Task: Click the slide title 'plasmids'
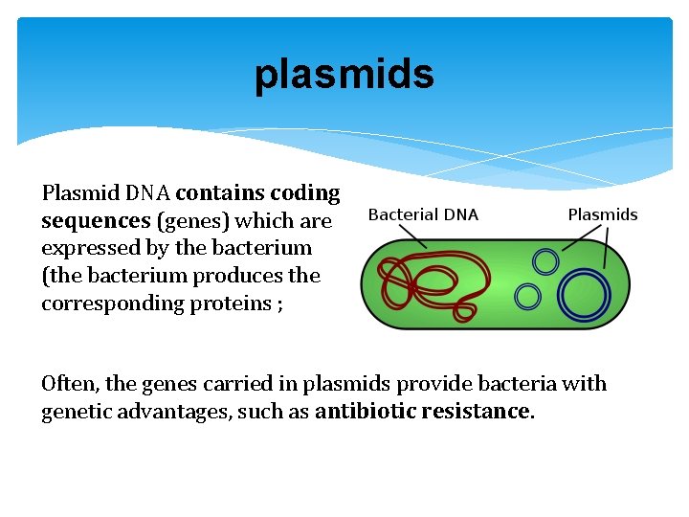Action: [344, 75]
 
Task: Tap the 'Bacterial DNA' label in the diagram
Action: [423, 214]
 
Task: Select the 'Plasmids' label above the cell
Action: [602, 214]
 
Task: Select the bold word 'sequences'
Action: [96, 221]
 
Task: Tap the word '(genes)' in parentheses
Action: [195, 221]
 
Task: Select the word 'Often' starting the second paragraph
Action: [69, 384]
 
